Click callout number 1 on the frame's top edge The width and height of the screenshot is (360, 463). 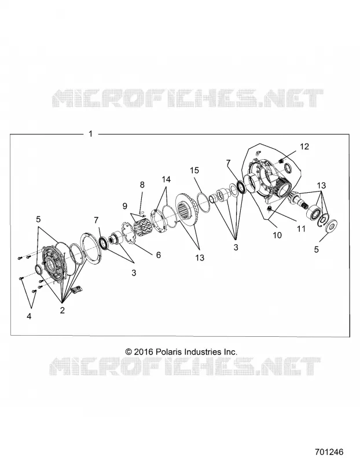pyautogui.click(x=91, y=134)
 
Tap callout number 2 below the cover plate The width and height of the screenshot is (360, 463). pyautogui.click(x=63, y=310)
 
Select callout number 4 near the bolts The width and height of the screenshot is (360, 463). pyautogui.click(x=29, y=316)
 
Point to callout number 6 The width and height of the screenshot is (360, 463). pyautogui.click(x=158, y=255)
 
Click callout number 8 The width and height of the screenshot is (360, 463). pyautogui.click(x=142, y=185)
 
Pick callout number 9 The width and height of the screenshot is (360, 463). pyautogui.click(x=124, y=206)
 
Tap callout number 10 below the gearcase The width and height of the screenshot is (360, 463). pyautogui.click(x=278, y=235)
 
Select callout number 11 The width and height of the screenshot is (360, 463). pyautogui.click(x=301, y=229)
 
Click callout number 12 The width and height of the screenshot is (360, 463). pyautogui.click(x=304, y=146)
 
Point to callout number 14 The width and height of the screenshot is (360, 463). pyautogui.click(x=166, y=179)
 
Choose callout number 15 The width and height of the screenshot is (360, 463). pyautogui.click(x=194, y=170)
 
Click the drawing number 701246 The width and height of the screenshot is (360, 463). pyautogui.click(x=329, y=452)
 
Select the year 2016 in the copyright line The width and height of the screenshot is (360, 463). pyautogui.click(x=143, y=352)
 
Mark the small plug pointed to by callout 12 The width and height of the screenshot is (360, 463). pyautogui.click(x=281, y=161)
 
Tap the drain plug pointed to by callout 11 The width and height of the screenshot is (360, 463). pyautogui.click(x=269, y=209)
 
